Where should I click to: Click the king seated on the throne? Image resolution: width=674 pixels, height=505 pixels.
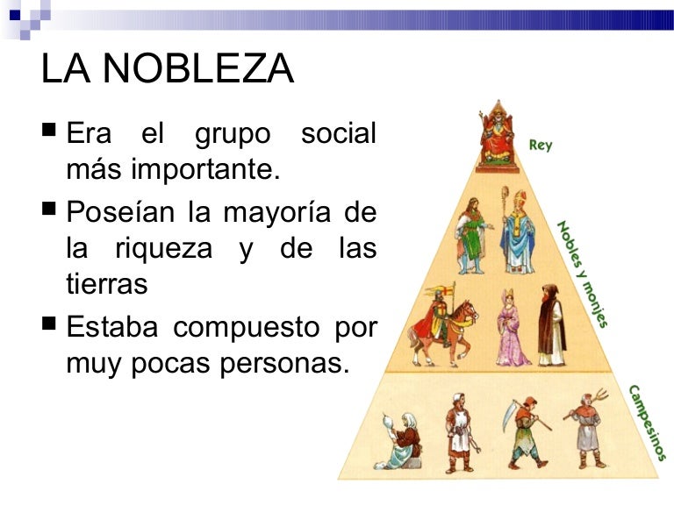[497, 139]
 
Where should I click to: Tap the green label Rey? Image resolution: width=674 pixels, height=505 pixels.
[541, 145]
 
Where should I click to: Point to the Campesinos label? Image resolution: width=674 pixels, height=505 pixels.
[647, 422]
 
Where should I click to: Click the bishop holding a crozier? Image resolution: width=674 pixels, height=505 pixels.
[517, 231]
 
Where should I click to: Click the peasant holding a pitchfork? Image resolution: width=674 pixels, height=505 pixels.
[586, 430]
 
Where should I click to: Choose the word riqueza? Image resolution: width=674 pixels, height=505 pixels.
[163, 248]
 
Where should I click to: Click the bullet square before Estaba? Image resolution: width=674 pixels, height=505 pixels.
[49, 327]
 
